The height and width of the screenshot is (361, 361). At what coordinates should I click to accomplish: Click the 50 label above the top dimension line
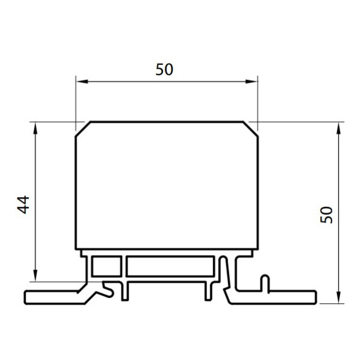pos(164,69)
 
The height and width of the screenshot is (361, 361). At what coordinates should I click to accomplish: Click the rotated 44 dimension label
pos(23,205)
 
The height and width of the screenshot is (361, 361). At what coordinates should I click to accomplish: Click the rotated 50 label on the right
pos(326,215)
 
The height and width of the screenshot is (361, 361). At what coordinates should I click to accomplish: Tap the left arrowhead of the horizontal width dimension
pos(82,81)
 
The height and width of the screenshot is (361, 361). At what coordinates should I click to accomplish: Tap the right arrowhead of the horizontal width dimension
pos(251,81)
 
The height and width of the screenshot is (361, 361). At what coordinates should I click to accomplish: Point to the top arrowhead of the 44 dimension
pos(35,128)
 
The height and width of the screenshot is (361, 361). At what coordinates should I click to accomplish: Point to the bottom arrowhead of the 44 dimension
pos(35,276)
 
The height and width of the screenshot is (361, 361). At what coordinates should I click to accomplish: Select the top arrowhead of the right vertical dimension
pos(338,128)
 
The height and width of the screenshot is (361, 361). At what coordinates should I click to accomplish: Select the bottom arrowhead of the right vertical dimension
pos(338,297)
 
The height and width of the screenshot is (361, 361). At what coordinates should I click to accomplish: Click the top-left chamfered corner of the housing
pos(83,129)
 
